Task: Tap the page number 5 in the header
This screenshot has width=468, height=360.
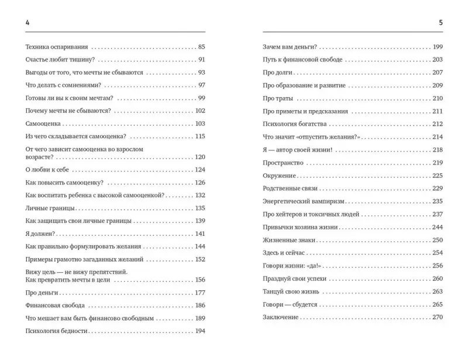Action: click(x=440, y=22)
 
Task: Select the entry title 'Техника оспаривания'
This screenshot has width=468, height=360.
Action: click(x=58, y=46)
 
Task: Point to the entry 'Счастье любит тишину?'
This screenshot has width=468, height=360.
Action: click(x=61, y=59)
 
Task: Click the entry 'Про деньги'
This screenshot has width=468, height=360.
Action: click(x=42, y=293)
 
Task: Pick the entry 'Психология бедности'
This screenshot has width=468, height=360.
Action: click(x=57, y=331)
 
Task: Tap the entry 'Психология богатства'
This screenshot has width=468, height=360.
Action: click(x=294, y=124)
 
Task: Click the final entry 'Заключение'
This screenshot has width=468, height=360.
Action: click(x=281, y=317)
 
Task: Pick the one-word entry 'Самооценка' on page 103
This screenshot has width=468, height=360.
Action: click(x=44, y=124)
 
